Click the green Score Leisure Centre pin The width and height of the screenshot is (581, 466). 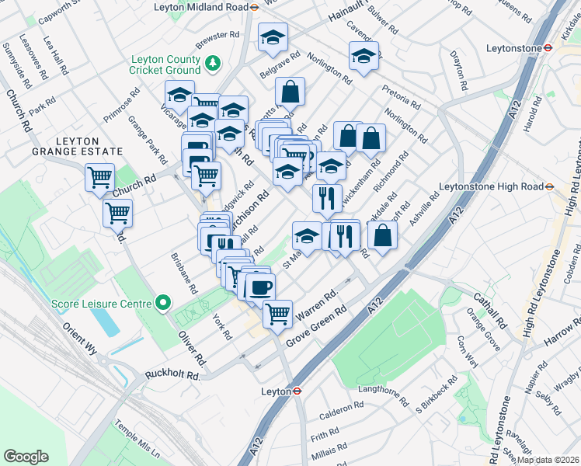coord(163,303)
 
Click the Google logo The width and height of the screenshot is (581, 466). coord(26,457)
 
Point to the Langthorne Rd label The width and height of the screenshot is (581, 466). coord(382,395)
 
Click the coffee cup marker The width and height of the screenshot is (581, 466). coord(259,287)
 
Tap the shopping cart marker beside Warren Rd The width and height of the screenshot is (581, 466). coord(277,314)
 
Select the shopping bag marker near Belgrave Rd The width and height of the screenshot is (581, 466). coord(290,91)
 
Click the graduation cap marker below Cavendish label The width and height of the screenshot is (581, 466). coord(363,55)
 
